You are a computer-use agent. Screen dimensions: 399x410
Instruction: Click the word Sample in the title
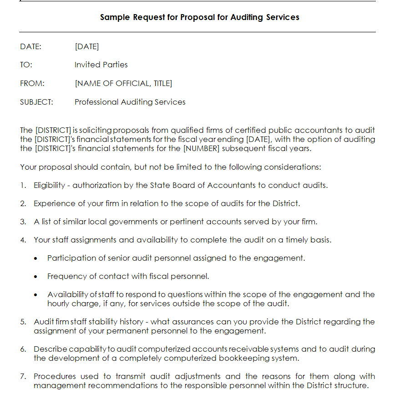(x=115, y=17)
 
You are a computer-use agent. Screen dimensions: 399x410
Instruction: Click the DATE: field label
(x=30, y=46)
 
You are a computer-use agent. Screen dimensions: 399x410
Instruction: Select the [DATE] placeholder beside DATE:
(x=86, y=46)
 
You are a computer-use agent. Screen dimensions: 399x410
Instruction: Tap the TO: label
(x=26, y=65)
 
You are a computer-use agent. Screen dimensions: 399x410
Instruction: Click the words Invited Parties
(x=101, y=65)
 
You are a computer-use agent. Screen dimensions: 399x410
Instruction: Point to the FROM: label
(x=32, y=84)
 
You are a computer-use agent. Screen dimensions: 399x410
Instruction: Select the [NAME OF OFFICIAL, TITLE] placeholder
(x=123, y=84)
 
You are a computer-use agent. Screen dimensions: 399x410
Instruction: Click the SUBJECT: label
(x=36, y=102)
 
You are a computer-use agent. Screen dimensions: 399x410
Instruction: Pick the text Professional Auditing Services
(x=130, y=102)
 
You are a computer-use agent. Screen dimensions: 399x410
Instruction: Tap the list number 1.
(x=22, y=186)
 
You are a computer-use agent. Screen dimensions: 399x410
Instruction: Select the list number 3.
(x=23, y=222)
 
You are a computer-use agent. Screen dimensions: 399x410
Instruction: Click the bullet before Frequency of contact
(x=36, y=277)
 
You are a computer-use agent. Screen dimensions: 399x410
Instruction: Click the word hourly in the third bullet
(x=58, y=303)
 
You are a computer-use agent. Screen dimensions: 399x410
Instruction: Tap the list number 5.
(x=23, y=322)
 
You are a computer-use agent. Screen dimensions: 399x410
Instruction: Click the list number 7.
(x=23, y=377)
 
